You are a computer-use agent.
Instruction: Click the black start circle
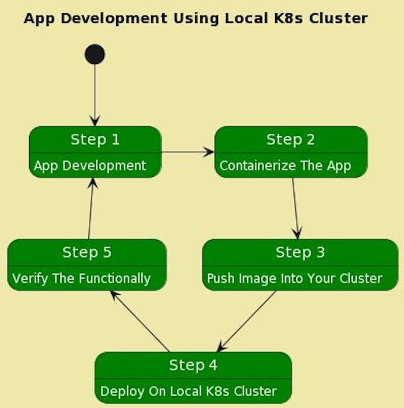[95, 54]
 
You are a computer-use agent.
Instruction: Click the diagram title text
[195, 18]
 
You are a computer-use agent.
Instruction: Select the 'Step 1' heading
[95, 139]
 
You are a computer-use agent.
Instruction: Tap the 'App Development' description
[90, 165]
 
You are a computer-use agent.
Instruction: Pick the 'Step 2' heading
[290, 139]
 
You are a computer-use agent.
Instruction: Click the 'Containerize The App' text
[285, 166]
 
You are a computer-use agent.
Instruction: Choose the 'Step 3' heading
[300, 252]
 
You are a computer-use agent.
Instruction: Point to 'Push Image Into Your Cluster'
[294, 279]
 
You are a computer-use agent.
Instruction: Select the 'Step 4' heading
[193, 365]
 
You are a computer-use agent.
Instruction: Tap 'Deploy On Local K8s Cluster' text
[188, 392]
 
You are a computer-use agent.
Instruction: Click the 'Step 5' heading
[87, 252]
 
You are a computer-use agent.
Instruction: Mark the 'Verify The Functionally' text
[81, 279]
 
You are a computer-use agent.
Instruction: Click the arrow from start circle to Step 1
[95, 95]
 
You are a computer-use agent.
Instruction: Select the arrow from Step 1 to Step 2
[187, 152]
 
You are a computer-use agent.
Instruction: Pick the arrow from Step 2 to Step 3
[295, 208]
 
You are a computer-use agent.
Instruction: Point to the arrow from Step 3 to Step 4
[247, 321]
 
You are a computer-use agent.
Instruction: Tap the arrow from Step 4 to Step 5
[140, 321]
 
